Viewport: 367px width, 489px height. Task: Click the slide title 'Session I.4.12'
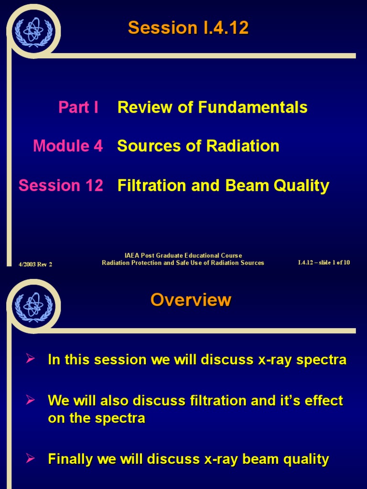click(188, 28)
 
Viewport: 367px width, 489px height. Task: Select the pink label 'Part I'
click(78, 107)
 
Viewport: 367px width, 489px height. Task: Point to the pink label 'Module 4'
click(68, 146)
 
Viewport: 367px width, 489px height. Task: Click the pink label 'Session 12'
click(61, 185)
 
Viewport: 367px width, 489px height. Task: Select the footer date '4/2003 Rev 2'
click(35, 264)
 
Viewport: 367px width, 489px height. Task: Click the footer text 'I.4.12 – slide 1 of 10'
click(324, 263)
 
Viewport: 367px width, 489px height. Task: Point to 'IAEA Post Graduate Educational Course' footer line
click(183, 255)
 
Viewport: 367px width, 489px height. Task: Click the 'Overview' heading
click(191, 300)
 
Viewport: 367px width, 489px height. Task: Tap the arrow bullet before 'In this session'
click(31, 359)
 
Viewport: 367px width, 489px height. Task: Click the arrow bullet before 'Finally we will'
click(31, 459)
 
